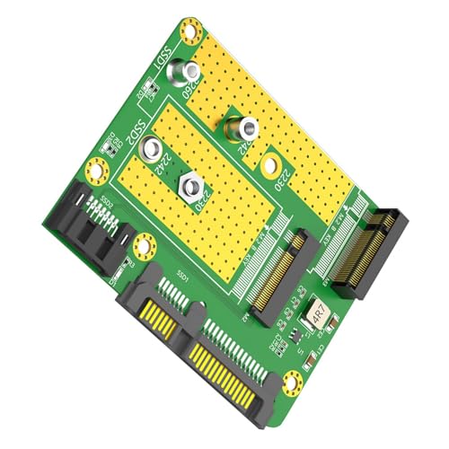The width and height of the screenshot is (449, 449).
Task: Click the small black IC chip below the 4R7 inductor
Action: pyautogui.click(x=290, y=341)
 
